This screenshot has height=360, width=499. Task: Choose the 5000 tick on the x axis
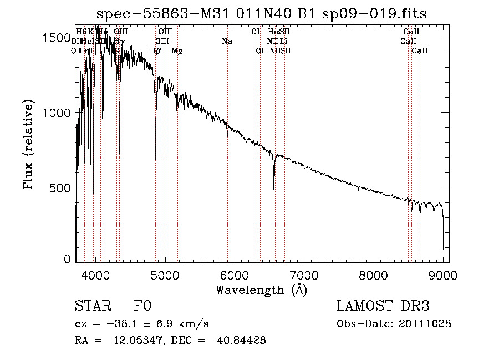165,275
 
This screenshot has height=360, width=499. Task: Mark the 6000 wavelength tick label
235,275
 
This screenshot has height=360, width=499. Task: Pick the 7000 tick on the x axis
304,275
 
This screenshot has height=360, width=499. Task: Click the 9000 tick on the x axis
443,275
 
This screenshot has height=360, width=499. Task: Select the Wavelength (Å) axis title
261,290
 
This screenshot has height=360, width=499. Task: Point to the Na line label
226,41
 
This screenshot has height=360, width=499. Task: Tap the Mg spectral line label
177,51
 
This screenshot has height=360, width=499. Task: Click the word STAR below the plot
92,306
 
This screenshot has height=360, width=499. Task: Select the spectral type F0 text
142,306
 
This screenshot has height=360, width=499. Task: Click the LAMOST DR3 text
383,306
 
